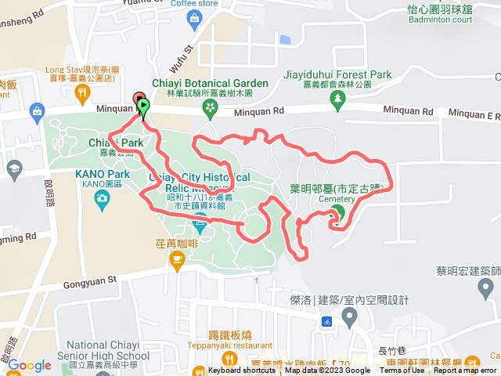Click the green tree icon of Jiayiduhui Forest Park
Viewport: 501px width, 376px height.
click(x=338, y=98)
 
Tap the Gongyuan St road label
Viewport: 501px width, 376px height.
click(x=91, y=278)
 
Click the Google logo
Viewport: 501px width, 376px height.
click(x=29, y=365)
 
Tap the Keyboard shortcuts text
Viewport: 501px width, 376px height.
click(x=242, y=371)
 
